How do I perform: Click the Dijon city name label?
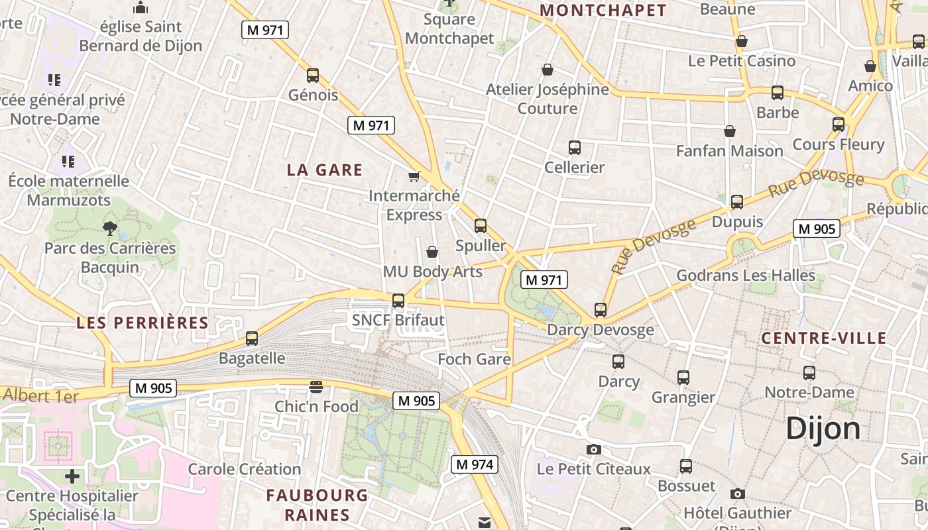point(823,429)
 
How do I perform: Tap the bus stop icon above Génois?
point(313,76)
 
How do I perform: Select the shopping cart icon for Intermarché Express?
point(414,176)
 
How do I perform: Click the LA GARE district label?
point(325,170)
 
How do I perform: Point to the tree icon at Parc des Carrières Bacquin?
point(109,229)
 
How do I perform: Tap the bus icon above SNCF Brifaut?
point(398,301)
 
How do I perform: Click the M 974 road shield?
point(474,464)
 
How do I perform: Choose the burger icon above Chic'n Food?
point(316,387)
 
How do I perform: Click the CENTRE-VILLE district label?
point(823,339)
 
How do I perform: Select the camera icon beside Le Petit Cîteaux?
point(594,450)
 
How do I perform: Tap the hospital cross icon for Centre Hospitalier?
point(72,476)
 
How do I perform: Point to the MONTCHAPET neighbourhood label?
point(603,11)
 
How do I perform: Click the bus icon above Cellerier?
point(575,148)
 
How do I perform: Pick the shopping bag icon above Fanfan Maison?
point(730,131)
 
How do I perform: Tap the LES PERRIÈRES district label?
point(143,323)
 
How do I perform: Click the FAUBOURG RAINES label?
point(317,505)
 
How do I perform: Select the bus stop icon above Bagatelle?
point(252,339)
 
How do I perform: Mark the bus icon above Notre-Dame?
point(809,373)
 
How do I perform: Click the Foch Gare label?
point(474,360)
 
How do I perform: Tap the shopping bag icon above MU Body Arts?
point(432,252)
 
